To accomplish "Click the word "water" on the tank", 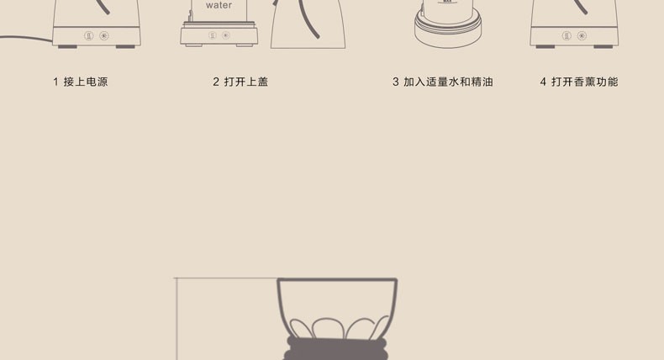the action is (x=219, y=6).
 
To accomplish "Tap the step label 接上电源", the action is (x=86, y=82).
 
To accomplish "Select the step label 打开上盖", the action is (x=246, y=82).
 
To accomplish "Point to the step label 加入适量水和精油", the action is (x=448, y=82).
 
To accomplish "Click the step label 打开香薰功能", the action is (x=585, y=82).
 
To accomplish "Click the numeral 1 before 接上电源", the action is (x=56, y=82).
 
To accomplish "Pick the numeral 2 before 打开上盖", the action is (x=216, y=82).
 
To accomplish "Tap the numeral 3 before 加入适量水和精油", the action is (x=396, y=82).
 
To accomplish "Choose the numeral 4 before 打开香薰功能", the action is (x=543, y=82).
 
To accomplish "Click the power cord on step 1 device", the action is (x=26, y=37).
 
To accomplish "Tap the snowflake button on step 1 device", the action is (x=104, y=35).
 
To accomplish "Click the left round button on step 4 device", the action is (x=567, y=35).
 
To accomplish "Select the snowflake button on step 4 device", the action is (x=582, y=35).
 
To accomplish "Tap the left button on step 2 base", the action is (x=213, y=35).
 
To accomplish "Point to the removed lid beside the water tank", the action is (x=308, y=24).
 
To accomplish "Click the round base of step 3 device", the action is (x=448, y=32).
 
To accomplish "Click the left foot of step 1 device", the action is (x=67, y=46).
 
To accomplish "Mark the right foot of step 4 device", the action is (x=603, y=46).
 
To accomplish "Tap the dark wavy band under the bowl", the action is (x=336, y=349).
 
